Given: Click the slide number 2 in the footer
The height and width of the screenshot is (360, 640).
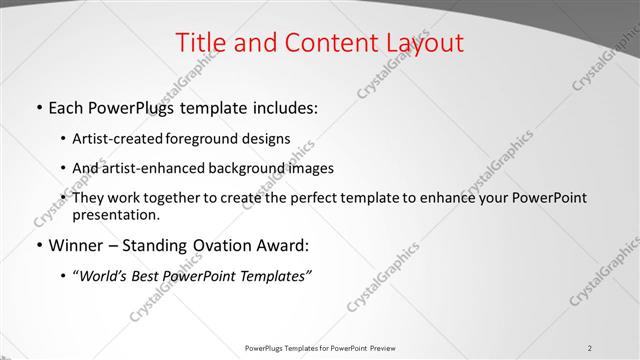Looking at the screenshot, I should click(x=590, y=347).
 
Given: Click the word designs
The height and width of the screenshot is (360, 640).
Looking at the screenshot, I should click(x=266, y=139).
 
